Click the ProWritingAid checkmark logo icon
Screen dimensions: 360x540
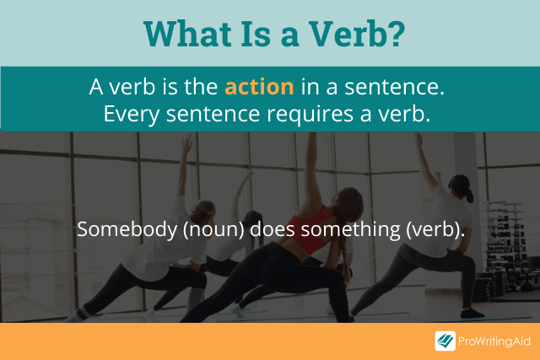(445, 341)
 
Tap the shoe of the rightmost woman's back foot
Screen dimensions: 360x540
(472, 313)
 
